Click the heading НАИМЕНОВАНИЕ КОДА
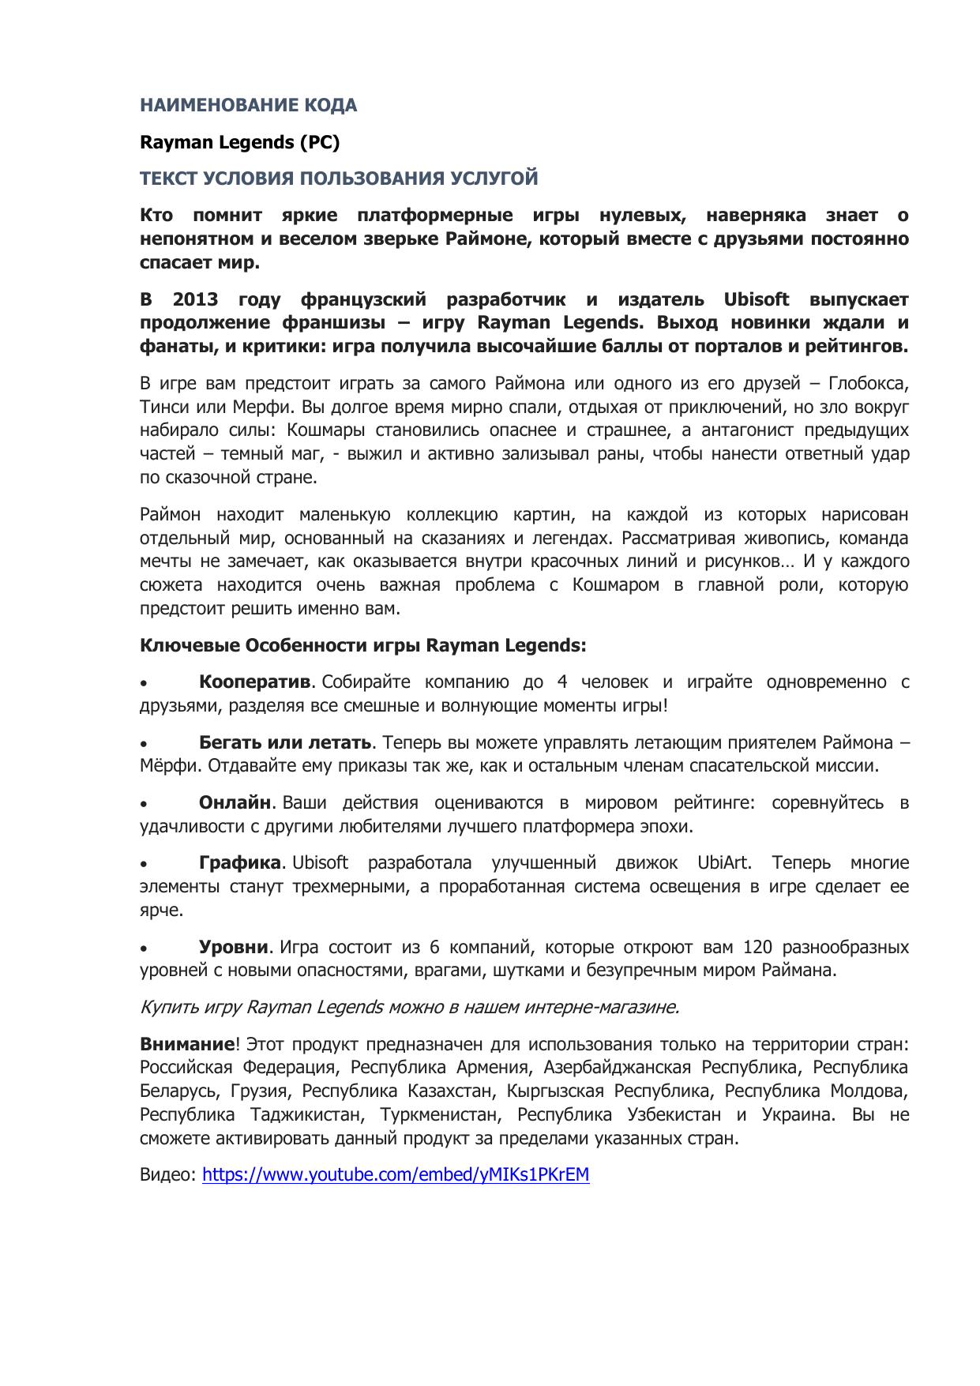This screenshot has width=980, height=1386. tap(248, 105)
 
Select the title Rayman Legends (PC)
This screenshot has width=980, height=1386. tap(239, 142)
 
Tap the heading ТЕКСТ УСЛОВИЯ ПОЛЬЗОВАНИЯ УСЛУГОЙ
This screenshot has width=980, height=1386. tap(339, 178)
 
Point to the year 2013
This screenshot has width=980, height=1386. tap(195, 299)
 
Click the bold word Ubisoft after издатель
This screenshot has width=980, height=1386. tap(756, 299)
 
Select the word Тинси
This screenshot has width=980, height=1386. tap(162, 408)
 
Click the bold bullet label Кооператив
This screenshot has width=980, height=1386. tap(254, 682)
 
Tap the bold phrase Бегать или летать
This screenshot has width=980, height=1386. tap(284, 743)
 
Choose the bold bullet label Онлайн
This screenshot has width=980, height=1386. tap(235, 803)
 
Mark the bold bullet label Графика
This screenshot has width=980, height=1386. tap(239, 863)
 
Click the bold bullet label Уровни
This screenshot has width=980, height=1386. tap(233, 948)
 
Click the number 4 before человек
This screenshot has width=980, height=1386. tap(561, 682)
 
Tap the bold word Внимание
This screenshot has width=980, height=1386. tap(187, 1045)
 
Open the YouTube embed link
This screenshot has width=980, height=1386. tap(396, 1175)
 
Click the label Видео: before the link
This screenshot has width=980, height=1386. tap(167, 1175)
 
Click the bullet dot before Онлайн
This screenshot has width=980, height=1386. tap(144, 805)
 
